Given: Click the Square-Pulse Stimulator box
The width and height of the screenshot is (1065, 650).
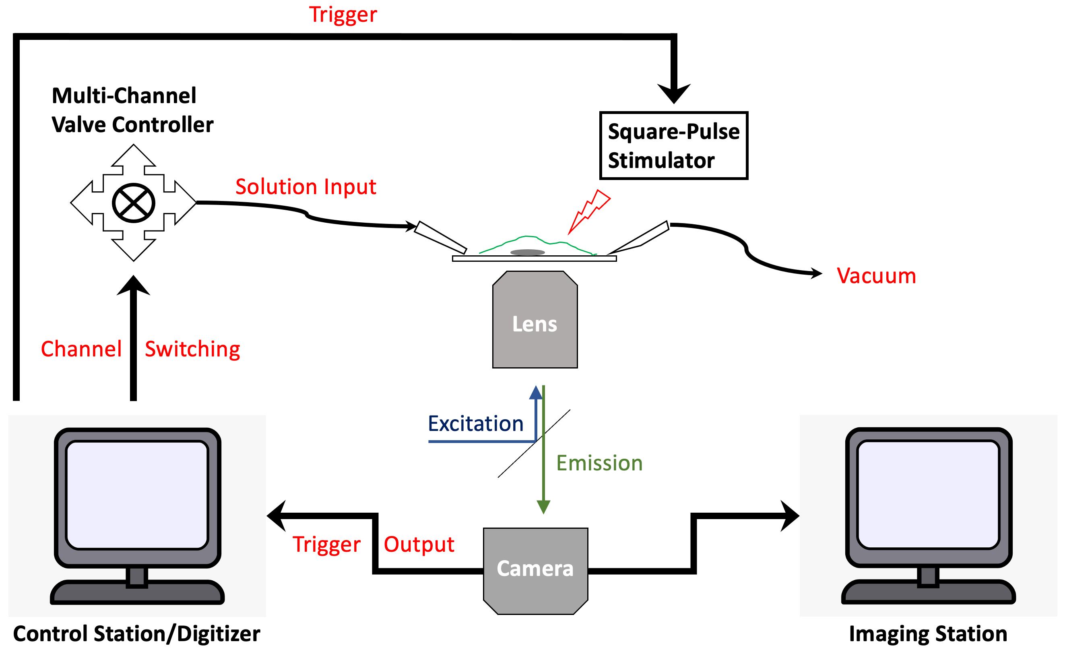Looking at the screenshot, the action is (x=673, y=145).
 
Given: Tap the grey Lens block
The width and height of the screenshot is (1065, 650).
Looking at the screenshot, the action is (x=535, y=320).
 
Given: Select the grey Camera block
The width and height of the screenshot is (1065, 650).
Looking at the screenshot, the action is (x=536, y=571).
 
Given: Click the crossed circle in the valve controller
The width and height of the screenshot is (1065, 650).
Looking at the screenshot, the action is (x=134, y=203).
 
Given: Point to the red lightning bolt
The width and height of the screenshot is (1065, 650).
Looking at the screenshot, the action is (x=589, y=212).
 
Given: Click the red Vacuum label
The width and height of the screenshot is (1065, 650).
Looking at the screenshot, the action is (x=876, y=275).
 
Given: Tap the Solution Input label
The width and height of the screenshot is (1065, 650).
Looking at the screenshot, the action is (x=305, y=187).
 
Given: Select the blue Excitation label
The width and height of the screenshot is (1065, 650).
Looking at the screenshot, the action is (x=475, y=423).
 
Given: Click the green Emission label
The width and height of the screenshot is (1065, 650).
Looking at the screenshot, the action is (x=599, y=463).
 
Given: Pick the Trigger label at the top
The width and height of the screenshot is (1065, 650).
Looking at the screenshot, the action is (x=343, y=15).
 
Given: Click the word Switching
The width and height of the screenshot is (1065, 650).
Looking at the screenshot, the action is (x=192, y=349).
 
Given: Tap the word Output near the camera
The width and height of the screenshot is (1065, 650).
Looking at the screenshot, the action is (x=419, y=544).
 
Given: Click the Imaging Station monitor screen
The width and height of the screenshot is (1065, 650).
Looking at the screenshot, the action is (x=929, y=495).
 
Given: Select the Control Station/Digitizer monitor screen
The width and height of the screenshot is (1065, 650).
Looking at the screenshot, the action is (x=137, y=495).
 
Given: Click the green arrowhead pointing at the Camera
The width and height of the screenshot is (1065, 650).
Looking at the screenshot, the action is (x=543, y=507).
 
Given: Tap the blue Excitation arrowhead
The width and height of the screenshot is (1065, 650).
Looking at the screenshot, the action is (x=536, y=392).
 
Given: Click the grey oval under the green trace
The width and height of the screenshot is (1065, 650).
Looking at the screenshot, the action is (x=527, y=252).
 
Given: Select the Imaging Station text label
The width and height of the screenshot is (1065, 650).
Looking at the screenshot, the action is (x=928, y=634).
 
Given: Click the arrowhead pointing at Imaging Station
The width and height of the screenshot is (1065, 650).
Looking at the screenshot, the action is (x=790, y=516).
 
